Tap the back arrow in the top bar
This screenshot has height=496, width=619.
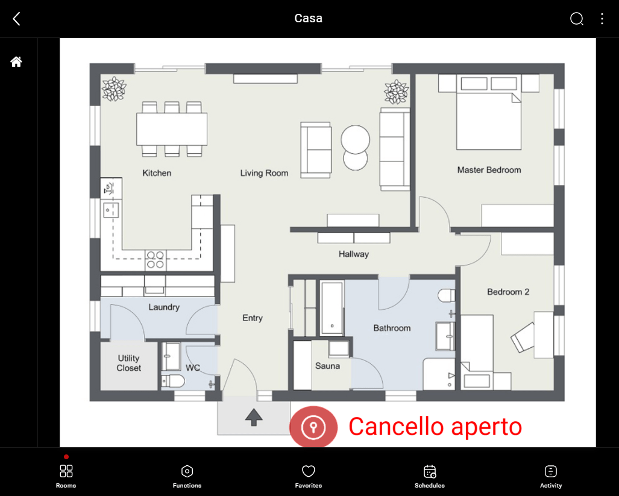pos(16,19)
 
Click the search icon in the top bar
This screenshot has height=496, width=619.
pos(576,19)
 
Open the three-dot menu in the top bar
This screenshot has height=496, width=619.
pos(602,19)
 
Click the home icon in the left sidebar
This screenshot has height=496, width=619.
pos(16,61)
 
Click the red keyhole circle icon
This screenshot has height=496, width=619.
pos(313,427)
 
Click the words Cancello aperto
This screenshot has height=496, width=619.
pos(435,427)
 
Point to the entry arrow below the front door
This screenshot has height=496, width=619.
pos(253,416)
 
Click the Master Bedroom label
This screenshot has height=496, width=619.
pos(489,170)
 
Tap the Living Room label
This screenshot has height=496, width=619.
pos(264,173)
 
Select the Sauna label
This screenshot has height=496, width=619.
pos(327,366)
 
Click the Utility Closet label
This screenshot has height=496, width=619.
pos(129,363)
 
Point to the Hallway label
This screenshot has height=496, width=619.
pos(353,254)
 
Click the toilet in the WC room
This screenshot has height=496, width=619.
pos(172,381)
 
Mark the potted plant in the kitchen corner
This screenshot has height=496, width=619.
pos(113,89)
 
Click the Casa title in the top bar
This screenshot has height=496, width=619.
pos(308,18)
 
